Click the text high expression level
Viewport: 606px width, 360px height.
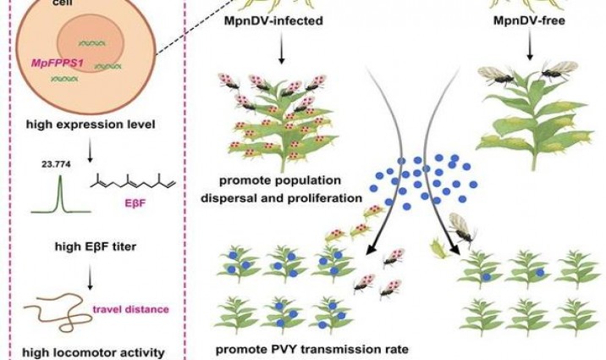(x=77, y=125)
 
